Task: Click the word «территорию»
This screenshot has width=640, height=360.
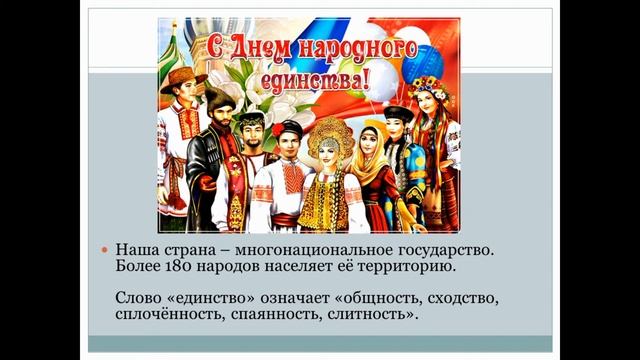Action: click(x=411, y=268)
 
